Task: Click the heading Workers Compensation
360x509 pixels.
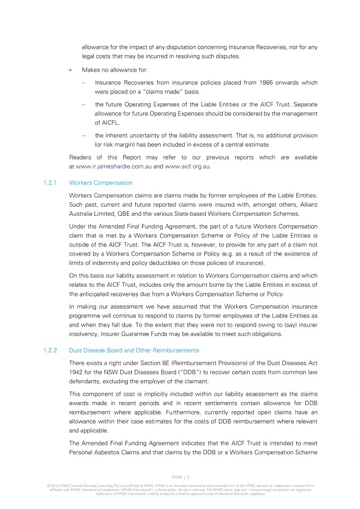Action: point(100,183)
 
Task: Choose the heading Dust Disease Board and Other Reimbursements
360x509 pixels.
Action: point(134,350)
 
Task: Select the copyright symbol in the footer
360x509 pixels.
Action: point(48,485)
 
